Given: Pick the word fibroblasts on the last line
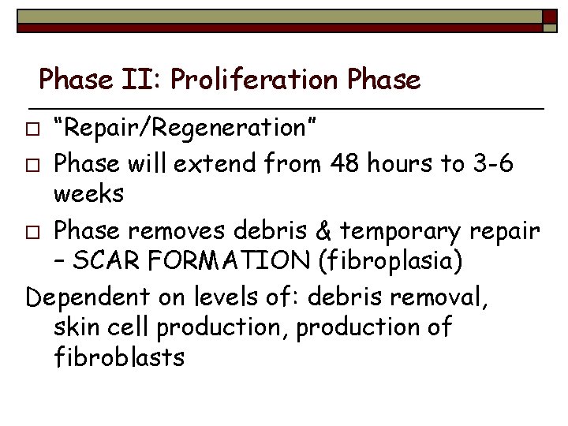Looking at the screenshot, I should pos(119,357).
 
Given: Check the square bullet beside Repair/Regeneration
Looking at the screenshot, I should pos(32,128).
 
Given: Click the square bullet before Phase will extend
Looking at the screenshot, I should pos(32,166).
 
